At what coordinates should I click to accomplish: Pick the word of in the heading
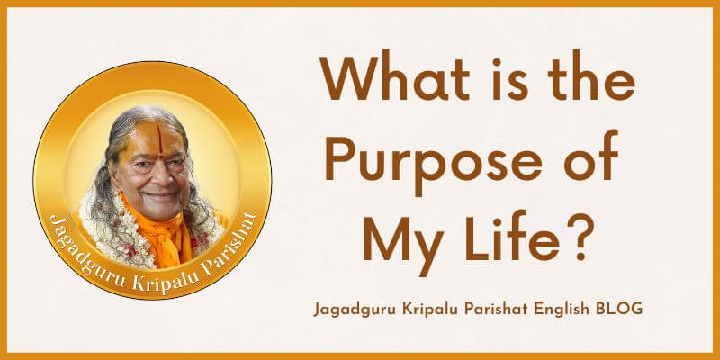(x=591, y=155)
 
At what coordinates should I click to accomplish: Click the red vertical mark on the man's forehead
(x=159, y=138)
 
